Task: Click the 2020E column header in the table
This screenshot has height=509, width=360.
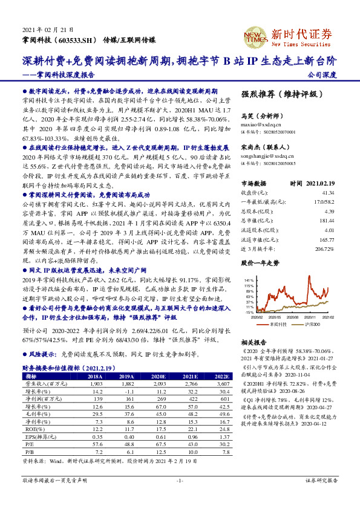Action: (160, 375)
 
